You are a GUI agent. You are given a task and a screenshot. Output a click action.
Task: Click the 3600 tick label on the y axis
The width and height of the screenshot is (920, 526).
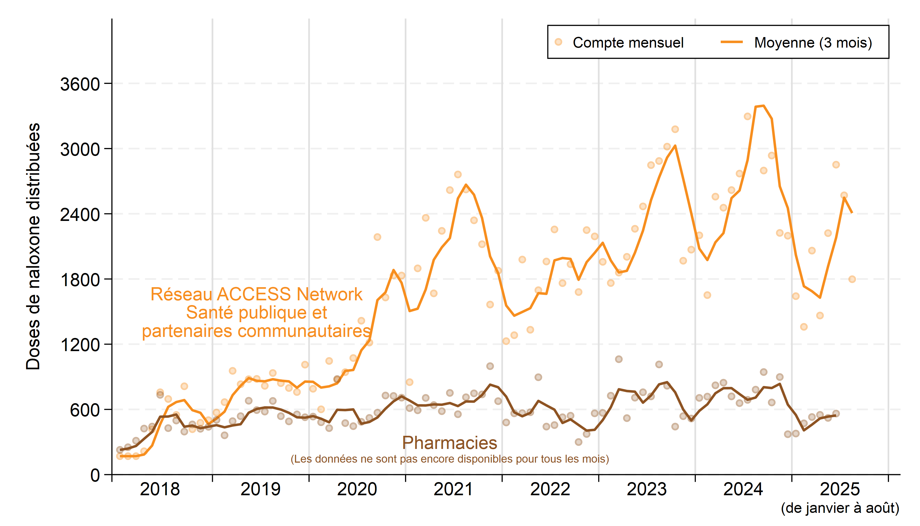tap(80, 84)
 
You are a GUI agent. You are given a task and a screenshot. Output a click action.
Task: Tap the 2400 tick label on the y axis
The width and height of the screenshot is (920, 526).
tap(80, 215)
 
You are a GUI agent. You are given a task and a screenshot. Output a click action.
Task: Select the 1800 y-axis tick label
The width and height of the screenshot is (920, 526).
tap(80, 280)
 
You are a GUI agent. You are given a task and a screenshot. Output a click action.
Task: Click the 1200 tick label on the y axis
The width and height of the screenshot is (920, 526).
tap(80, 345)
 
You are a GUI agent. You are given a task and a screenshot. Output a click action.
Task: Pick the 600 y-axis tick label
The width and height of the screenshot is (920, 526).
tap(85, 410)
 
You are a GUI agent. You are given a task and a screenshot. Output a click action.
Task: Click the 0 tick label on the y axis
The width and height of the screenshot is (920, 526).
tap(95, 476)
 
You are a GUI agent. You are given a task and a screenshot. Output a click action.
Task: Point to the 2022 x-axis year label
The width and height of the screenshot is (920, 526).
tap(550, 489)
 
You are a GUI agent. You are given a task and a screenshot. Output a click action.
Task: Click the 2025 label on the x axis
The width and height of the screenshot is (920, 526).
tap(840, 489)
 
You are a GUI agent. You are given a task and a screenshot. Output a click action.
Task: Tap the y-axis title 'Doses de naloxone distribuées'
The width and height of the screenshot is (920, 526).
tap(33, 246)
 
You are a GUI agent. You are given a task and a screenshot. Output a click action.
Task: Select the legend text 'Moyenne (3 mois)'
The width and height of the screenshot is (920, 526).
tap(813, 43)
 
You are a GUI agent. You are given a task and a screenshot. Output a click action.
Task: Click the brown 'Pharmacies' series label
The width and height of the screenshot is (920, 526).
tap(449, 443)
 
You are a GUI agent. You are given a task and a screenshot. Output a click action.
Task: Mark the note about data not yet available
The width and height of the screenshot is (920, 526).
tap(449, 459)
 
